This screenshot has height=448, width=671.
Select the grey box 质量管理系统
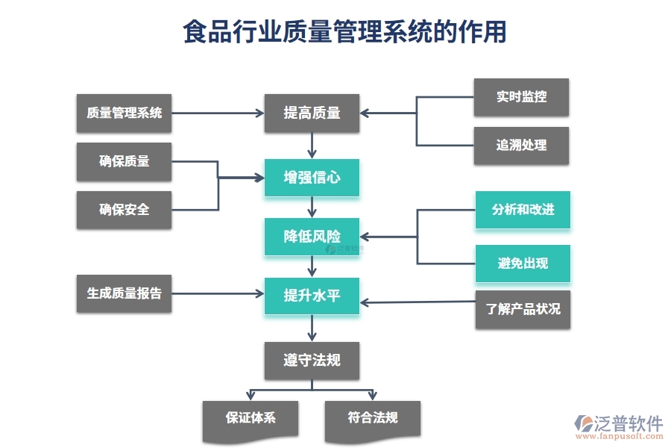click(124, 113)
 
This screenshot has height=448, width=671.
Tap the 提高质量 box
click(312, 113)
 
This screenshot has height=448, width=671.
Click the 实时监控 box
click(521, 97)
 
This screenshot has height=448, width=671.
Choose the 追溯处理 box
click(521, 146)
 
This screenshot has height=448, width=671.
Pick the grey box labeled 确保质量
click(124, 161)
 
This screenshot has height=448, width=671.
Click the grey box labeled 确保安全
click(124, 210)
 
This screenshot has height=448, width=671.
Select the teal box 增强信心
click(312, 178)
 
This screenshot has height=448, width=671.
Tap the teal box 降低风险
click(312, 237)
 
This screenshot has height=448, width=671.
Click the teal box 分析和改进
click(523, 210)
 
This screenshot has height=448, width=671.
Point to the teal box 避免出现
click(523, 264)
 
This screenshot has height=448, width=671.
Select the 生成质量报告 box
click(124, 293)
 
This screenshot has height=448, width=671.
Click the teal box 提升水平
click(312, 296)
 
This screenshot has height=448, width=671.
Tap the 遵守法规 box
click(312, 361)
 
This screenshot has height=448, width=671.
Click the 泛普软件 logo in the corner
click(619, 428)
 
